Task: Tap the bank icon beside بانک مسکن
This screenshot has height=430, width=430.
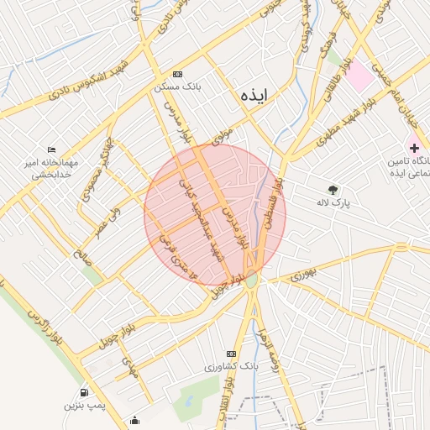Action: [x=176, y=74]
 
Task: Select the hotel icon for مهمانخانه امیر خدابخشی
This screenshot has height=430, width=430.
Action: [x=52, y=149]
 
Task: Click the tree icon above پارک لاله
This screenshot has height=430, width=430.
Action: [x=333, y=189]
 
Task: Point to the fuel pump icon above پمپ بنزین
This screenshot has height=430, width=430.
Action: [x=84, y=392]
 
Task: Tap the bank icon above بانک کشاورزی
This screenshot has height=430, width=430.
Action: [x=232, y=354]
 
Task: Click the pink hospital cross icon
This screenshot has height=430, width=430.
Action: [x=414, y=147]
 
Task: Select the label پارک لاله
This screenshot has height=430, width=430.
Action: [x=333, y=202]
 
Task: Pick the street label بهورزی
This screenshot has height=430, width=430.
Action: [x=306, y=273]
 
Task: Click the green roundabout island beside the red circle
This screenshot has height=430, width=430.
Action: [x=253, y=279]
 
